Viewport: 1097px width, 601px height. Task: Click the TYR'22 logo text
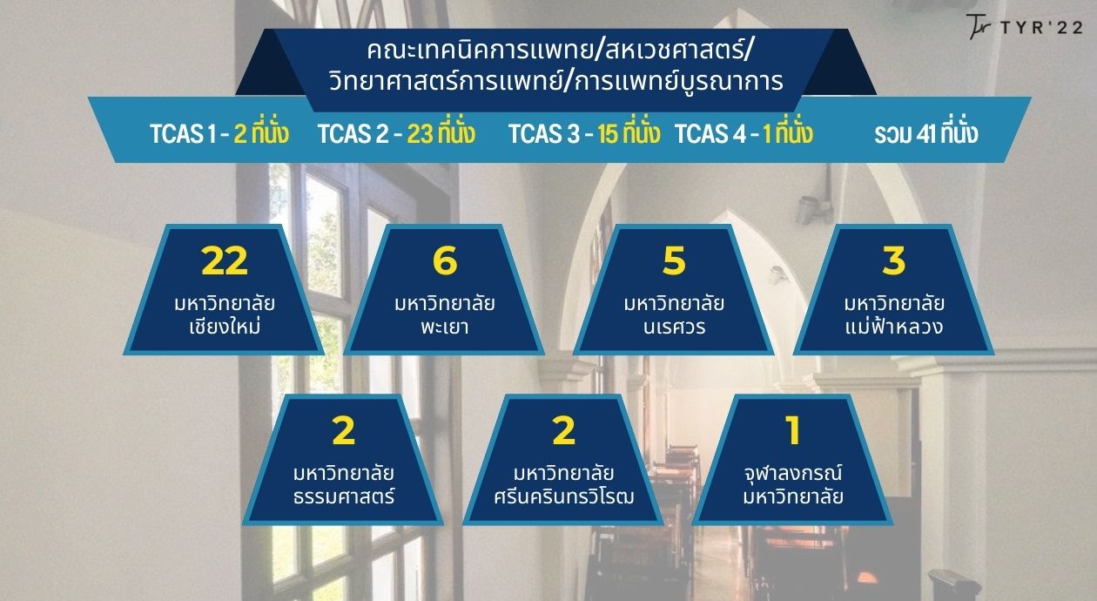[1041, 27]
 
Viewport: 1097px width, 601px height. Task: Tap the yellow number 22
[225, 260]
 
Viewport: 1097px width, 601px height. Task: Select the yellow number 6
[445, 260]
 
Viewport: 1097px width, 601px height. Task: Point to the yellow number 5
[674, 260]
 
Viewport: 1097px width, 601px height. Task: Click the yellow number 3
[894, 260]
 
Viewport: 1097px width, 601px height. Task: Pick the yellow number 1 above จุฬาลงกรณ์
[792, 430]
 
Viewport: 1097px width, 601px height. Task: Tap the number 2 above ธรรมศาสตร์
[343, 430]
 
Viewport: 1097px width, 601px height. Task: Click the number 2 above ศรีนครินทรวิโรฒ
[563, 430]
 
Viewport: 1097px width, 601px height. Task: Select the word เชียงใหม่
[225, 325]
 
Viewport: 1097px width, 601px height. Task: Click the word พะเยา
[445, 327]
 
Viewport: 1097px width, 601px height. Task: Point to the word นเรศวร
[675, 328]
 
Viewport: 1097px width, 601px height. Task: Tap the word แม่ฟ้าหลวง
[894, 325]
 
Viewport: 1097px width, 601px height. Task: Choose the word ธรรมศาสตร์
[344, 496]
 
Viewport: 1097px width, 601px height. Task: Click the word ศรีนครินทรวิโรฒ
[563, 496]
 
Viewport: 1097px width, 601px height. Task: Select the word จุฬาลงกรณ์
[793, 473]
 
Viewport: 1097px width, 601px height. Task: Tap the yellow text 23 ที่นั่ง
[441, 132]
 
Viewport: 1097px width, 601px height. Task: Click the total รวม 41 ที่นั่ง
[926, 132]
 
